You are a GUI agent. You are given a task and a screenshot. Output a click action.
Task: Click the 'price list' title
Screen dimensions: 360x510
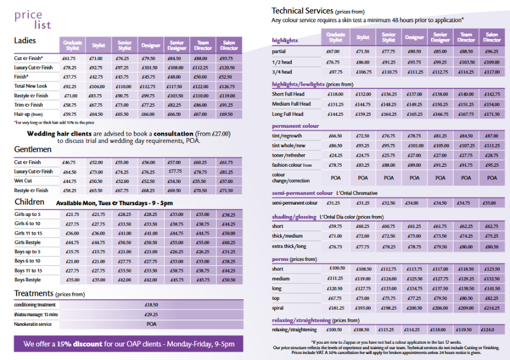33,20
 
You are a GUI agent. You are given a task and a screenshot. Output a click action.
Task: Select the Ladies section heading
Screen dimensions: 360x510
25,41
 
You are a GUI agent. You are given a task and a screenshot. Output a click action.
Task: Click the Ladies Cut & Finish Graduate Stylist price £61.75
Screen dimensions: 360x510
70,59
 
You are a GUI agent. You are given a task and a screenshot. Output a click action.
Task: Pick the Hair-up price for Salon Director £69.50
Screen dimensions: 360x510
227,114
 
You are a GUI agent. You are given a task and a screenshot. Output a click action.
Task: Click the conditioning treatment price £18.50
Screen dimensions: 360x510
152,305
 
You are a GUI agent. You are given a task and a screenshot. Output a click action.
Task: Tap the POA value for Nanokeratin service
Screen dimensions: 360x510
152,323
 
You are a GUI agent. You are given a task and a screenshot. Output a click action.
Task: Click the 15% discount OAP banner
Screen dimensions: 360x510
128,344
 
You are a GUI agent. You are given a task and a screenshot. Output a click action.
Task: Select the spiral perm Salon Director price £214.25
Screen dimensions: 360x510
491,308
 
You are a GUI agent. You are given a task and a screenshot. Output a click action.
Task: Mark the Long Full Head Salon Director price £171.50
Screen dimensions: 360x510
491,114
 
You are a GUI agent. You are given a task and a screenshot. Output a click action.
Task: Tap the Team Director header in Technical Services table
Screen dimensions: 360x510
466,37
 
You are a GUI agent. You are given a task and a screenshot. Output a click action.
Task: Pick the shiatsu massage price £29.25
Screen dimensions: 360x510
152,314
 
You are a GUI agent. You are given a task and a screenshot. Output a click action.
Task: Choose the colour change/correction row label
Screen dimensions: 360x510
291,178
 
